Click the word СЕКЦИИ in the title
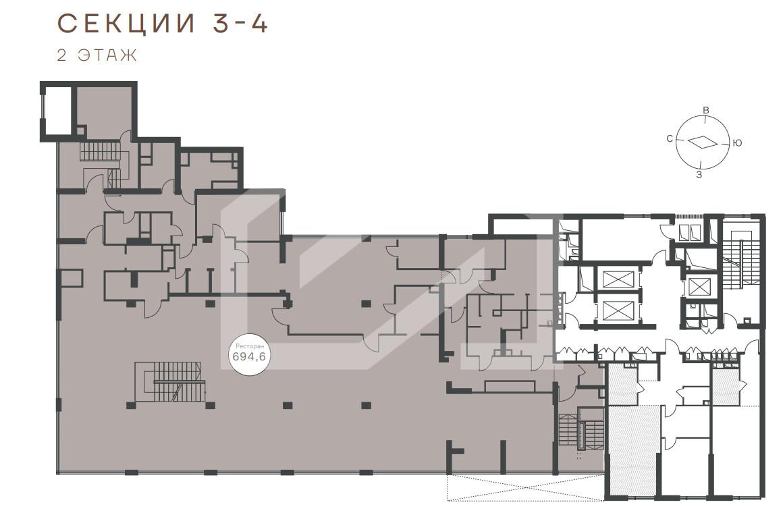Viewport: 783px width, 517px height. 126,24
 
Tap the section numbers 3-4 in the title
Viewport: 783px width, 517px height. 241,24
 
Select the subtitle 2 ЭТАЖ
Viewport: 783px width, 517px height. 97,55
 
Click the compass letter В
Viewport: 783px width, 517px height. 705,110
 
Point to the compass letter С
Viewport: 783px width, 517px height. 670,139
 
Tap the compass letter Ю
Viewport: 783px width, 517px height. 737,143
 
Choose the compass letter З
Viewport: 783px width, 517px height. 699,175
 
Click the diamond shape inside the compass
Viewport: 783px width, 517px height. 703,142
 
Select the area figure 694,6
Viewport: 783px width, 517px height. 249,356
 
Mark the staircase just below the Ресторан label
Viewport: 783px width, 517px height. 170,382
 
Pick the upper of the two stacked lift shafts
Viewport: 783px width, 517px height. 618,279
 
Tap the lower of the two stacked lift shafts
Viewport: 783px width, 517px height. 618,310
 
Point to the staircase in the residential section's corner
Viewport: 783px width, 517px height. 739,257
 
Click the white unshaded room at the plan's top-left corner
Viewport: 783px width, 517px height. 57,112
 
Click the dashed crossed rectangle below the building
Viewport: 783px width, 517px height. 525,487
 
